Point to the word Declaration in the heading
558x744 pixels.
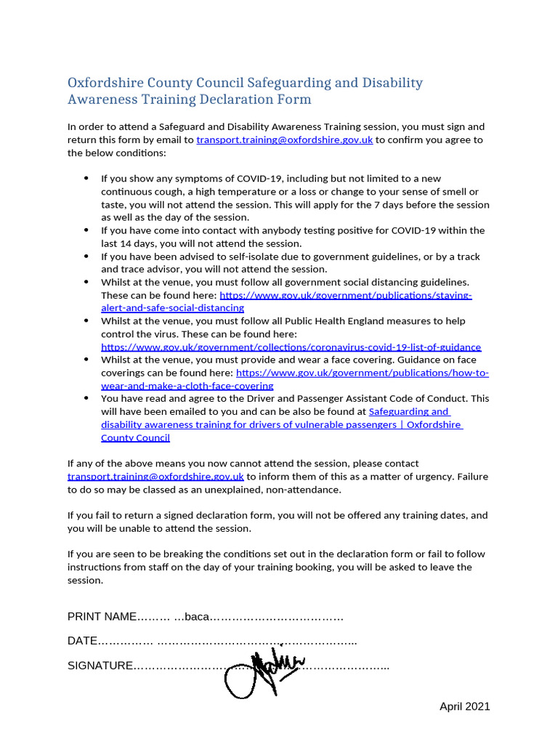[x=221, y=100]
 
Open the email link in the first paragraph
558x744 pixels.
[x=284, y=139]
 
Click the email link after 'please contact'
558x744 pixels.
[x=155, y=477]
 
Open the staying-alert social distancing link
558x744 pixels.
[x=345, y=296]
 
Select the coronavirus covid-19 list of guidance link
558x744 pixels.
[x=291, y=347]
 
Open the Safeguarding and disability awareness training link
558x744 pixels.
[x=281, y=425]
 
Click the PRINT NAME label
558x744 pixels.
[x=102, y=617]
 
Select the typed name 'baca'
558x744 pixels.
[x=197, y=617]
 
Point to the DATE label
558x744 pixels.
[x=82, y=642]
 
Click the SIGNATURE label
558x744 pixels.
[x=100, y=666]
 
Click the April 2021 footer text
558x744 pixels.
[x=464, y=706]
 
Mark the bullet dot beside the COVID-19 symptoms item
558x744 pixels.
[x=86, y=178]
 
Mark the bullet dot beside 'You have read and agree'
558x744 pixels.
[x=86, y=398]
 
